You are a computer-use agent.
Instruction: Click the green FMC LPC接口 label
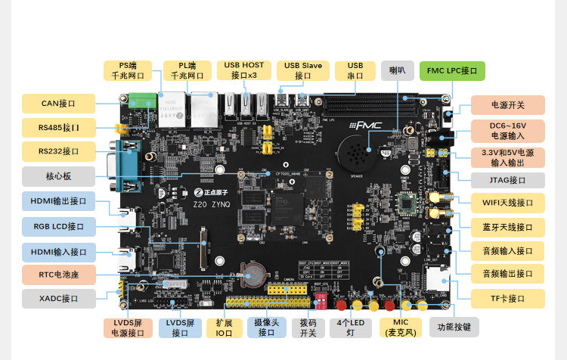point(451,71)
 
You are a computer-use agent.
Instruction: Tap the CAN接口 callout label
point(59,104)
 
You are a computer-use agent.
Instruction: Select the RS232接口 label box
point(59,151)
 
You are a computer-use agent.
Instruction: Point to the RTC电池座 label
point(59,275)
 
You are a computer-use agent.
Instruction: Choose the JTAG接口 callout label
point(508,180)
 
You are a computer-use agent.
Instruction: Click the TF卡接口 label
point(508,298)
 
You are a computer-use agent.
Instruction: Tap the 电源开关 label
point(508,105)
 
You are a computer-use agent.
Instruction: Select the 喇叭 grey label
point(398,71)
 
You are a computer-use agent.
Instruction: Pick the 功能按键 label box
point(454,327)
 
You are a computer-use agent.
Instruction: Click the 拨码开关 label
point(308,327)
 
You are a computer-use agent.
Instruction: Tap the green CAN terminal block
point(141,99)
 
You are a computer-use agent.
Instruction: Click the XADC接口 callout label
point(59,299)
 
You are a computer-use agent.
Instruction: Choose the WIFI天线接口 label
point(508,203)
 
